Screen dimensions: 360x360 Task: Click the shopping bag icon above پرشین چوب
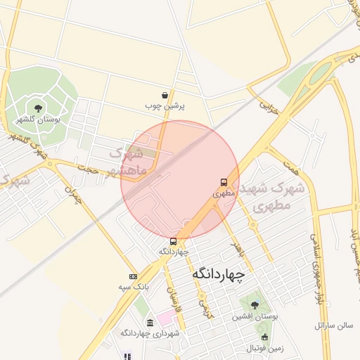pyautogui.click(x=165, y=95)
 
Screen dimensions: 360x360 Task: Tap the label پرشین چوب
pyautogui.click(x=165, y=106)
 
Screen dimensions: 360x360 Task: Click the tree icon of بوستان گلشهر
pyautogui.click(x=37, y=108)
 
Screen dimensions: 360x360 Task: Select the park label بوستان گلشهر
pyautogui.click(x=39, y=120)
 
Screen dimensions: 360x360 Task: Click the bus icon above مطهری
pyautogui.click(x=224, y=181)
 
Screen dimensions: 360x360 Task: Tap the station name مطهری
pyautogui.click(x=223, y=192)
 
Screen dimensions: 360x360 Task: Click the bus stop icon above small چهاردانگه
pyautogui.click(x=174, y=241)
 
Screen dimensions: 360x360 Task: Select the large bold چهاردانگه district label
pyautogui.click(x=218, y=273)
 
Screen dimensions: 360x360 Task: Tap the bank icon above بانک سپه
pyautogui.click(x=133, y=276)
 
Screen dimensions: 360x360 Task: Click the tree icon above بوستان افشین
pyautogui.click(x=255, y=305)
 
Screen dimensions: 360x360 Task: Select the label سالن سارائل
pyautogui.click(x=333, y=326)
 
